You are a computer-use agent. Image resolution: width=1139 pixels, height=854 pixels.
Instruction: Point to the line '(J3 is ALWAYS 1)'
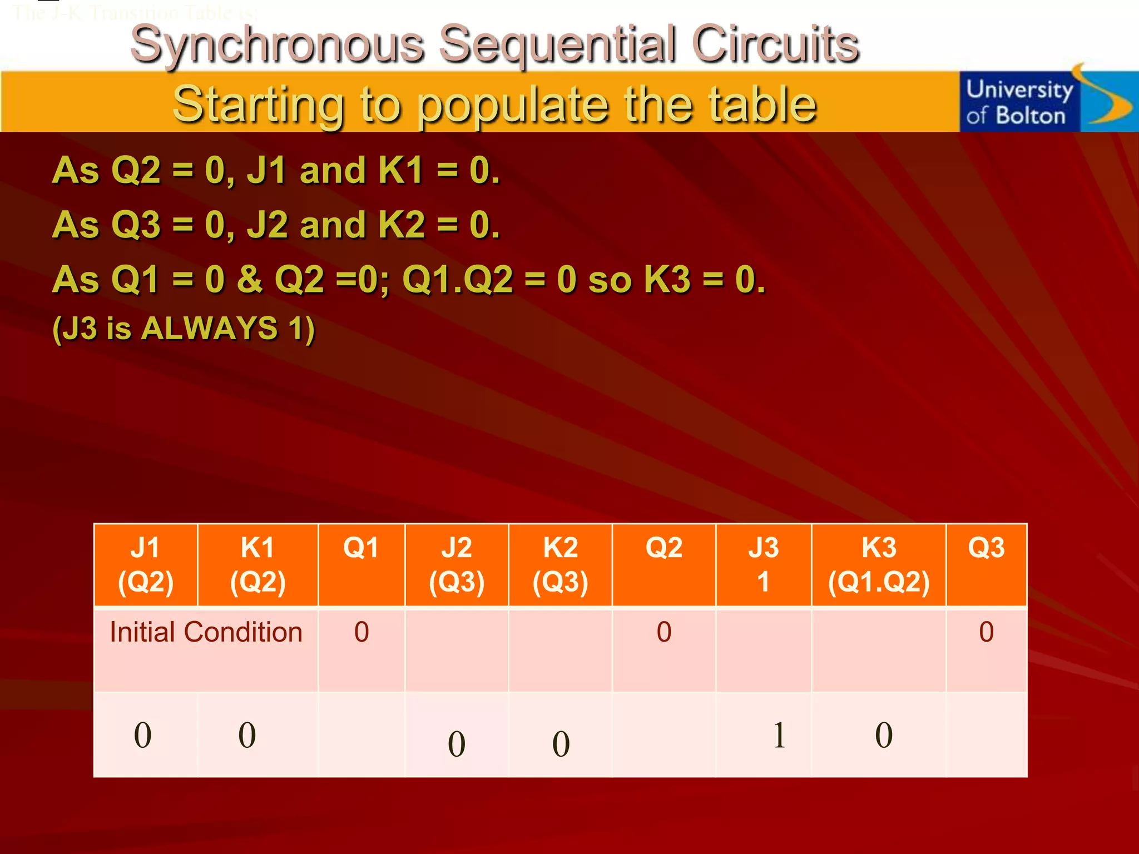(x=184, y=328)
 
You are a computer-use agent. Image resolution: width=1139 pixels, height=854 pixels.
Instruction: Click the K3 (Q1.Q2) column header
(x=879, y=565)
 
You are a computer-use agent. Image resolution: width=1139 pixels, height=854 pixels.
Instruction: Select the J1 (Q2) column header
(x=146, y=565)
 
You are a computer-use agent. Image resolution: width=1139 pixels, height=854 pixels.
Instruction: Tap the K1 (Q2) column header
(x=257, y=565)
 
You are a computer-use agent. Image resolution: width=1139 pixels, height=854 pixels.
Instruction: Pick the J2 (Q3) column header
(x=457, y=565)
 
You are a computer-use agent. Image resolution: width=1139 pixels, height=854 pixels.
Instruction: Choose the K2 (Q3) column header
(x=560, y=565)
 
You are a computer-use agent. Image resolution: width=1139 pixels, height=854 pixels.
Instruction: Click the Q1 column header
(x=361, y=548)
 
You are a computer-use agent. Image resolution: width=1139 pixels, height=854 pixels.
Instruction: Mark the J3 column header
(x=764, y=565)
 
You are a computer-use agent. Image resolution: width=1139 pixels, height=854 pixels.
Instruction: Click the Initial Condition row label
(x=206, y=633)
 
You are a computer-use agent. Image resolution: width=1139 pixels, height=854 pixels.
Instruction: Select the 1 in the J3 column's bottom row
(x=779, y=735)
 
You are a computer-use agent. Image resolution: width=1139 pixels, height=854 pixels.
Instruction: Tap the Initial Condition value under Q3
(x=986, y=632)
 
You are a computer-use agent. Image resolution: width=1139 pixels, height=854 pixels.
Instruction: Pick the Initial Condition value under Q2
(x=664, y=632)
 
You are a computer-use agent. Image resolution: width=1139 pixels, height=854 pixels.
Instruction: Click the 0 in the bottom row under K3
(x=884, y=735)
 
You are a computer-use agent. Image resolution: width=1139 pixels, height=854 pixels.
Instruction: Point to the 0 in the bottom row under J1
(x=143, y=735)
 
